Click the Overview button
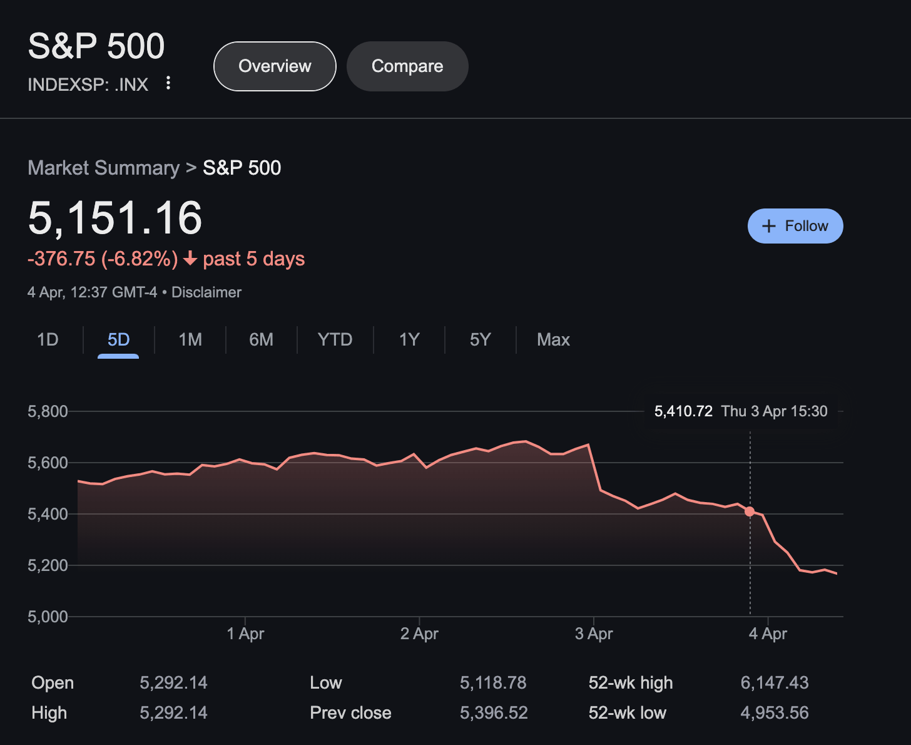[275, 66]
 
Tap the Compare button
[407, 66]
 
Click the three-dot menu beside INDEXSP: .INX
[168, 83]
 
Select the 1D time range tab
[48, 340]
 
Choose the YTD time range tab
[335, 340]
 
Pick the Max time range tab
[553, 340]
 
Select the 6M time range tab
[261, 340]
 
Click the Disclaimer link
[206, 292]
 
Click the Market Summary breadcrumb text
[104, 168]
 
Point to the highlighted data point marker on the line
[750, 511]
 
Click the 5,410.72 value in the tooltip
[683, 411]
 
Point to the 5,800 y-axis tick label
[48, 411]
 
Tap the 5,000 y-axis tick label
[48, 617]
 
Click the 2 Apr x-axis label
[419, 634]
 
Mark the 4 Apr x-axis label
[768, 634]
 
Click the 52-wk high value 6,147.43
[774, 683]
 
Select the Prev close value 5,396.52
[494, 713]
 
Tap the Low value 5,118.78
[493, 683]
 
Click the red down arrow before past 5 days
[190, 259]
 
